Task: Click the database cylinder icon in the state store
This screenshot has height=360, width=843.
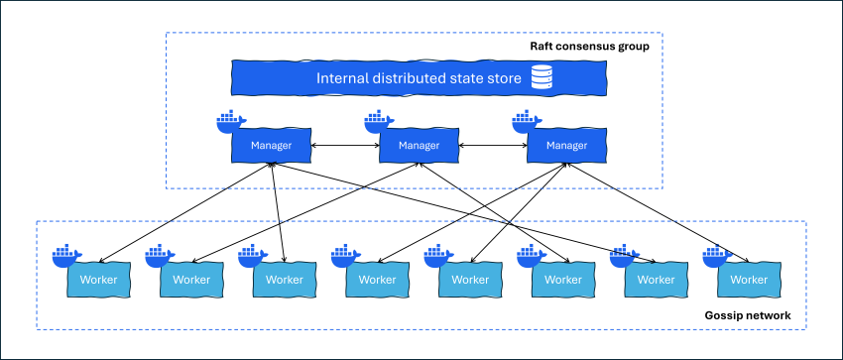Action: click(x=541, y=77)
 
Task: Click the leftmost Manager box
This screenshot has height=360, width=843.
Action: click(x=272, y=147)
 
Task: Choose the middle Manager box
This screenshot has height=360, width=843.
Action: click(x=420, y=147)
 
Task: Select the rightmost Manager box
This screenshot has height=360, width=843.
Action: click(x=566, y=147)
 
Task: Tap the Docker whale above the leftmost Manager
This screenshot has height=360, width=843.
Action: click(x=230, y=123)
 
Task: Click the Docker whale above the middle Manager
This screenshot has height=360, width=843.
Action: click(x=378, y=123)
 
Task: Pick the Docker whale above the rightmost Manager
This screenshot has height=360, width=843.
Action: click(x=526, y=123)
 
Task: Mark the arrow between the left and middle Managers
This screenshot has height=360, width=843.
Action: click(x=345, y=147)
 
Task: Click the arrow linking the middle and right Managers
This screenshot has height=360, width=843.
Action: click(x=493, y=147)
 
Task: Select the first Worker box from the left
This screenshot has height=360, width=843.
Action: click(x=98, y=280)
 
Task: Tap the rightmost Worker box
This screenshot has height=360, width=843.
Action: click(x=749, y=280)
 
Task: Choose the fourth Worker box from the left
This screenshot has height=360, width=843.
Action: click(x=377, y=280)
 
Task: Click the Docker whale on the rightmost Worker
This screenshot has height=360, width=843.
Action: click(x=715, y=255)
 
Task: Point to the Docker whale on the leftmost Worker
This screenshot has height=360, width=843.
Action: click(x=66, y=255)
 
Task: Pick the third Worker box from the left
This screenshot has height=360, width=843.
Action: click(x=285, y=280)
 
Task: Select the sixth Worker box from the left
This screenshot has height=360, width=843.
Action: click(x=562, y=280)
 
